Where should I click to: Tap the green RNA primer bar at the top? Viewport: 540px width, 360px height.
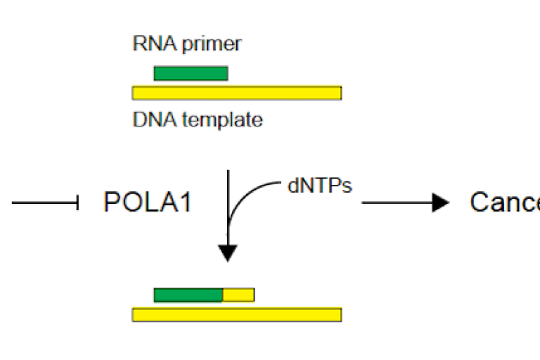pos(191,73)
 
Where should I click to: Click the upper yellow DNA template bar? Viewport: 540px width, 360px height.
pos(237,93)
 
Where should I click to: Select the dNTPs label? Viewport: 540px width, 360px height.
pos(319,188)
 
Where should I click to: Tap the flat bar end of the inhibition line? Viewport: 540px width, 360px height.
pos(77,203)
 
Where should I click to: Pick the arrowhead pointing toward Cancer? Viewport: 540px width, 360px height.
pos(441,203)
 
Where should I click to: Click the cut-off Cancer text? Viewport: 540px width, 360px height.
pos(504,203)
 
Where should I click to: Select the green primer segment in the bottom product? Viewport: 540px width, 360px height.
pos(188,295)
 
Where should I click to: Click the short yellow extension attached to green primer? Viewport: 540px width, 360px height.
pos(238,295)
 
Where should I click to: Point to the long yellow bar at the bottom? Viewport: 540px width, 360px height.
pos(237,314)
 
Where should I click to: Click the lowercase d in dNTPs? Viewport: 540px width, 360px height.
pos(293,189)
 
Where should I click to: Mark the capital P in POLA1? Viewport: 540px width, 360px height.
pos(112,203)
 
